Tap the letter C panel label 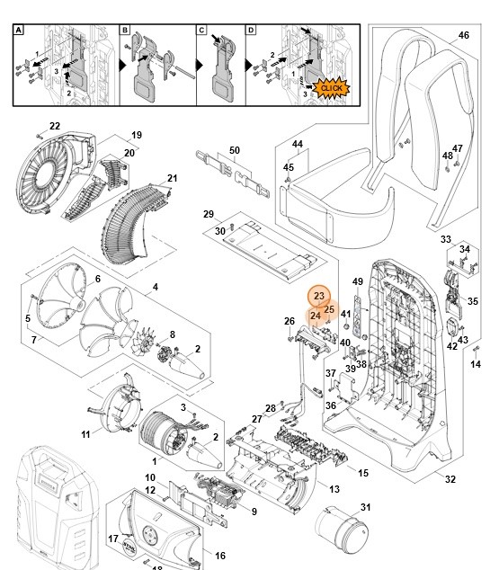coord(202,30)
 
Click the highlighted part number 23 coord(318,296)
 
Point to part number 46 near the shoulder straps coord(464,35)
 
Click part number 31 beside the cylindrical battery coord(365,508)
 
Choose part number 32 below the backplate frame coord(450,479)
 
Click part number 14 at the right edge coord(477,364)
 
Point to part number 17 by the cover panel coord(113,539)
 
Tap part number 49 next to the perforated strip coord(357,281)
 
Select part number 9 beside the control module coord(254,512)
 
